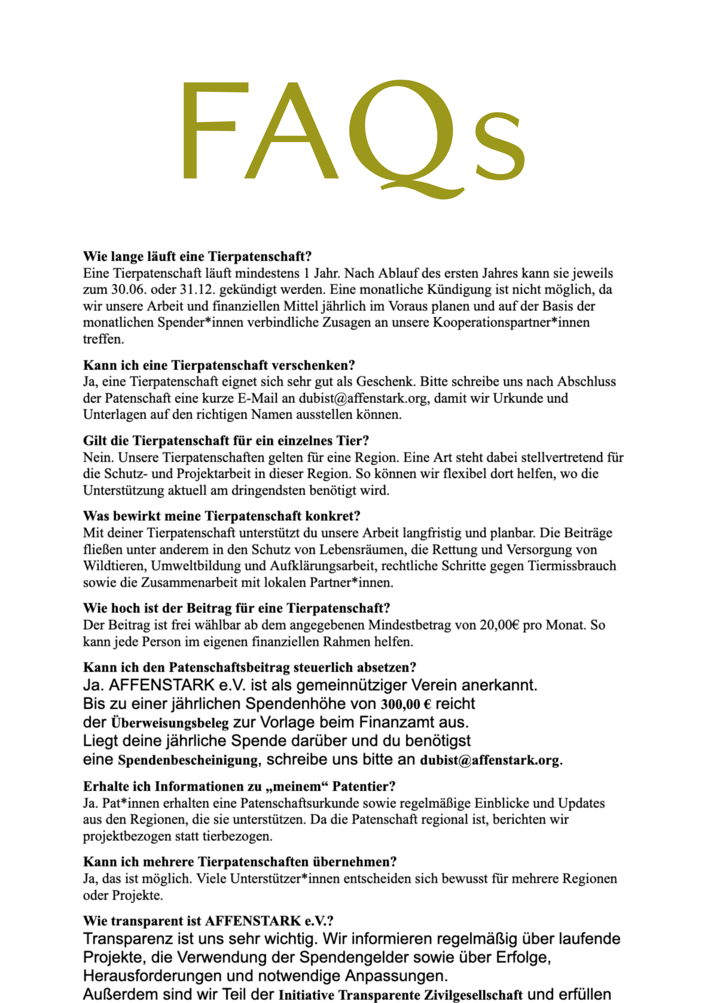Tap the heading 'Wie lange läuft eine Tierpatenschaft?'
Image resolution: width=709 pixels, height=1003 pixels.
point(197,256)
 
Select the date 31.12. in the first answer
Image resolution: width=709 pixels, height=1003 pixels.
point(196,290)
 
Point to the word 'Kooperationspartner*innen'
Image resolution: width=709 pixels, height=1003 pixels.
point(511,322)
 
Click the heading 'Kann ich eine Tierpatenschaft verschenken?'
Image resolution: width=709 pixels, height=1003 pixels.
point(219,365)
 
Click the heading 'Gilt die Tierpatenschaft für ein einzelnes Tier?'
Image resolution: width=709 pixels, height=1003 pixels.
point(226,440)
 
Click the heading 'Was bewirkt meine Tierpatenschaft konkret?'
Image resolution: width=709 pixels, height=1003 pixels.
point(221,516)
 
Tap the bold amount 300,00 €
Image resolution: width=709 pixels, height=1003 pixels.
point(406,704)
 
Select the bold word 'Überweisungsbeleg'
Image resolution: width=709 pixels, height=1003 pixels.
point(170,723)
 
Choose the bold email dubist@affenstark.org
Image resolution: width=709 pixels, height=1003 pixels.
point(490,760)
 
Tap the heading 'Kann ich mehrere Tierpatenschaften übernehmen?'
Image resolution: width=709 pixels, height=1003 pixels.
point(240,862)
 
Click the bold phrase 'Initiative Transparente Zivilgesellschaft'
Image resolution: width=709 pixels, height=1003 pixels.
point(401,995)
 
